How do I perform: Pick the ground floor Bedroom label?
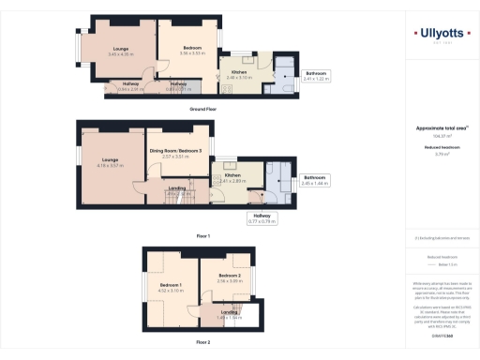191,52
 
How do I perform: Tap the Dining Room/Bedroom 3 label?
175,152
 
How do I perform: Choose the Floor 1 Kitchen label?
232,176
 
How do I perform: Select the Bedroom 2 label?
230,277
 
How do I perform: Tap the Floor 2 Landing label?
229,314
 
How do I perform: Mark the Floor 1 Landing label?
176,190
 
